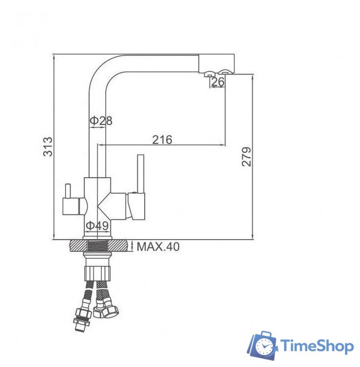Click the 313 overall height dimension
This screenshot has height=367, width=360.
point(48,147)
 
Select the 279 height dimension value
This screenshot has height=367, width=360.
point(246,157)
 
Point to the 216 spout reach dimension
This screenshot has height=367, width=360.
point(162,139)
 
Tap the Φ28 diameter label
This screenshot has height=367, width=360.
point(100,120)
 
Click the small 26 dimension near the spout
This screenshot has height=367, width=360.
point(218,83)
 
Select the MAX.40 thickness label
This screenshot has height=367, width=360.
point(158,247)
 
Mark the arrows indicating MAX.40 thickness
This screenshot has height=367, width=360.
point(131,247)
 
